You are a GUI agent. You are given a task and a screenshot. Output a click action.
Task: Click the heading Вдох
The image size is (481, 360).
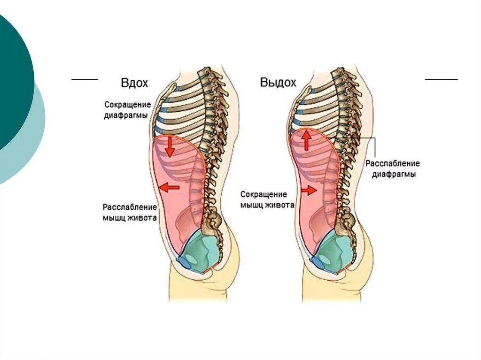click(134, 83)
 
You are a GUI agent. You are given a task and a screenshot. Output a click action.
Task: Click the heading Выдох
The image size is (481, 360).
click(278, 83)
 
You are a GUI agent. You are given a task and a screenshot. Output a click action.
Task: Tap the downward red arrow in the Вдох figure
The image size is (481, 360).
click(170, 146)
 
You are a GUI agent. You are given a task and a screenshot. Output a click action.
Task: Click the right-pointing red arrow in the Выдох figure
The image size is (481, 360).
click(309, 190)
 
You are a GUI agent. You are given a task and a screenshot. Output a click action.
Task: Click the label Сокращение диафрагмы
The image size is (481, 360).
click(127, 109)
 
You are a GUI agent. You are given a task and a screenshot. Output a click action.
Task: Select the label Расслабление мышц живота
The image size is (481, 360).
click(130, 212)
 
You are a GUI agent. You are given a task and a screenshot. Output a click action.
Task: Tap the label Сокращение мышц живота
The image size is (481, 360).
click(267, 199)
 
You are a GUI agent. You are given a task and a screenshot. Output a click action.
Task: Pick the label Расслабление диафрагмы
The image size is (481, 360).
click(393, 169)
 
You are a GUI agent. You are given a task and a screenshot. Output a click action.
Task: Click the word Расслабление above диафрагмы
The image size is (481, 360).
click(393, 163)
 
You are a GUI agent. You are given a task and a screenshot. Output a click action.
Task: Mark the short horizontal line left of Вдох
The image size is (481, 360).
click(85, 80)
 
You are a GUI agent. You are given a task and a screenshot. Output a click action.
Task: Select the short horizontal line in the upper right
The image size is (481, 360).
click(441, 80)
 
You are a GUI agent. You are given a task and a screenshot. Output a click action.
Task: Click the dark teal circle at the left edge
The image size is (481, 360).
click(12, 80)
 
